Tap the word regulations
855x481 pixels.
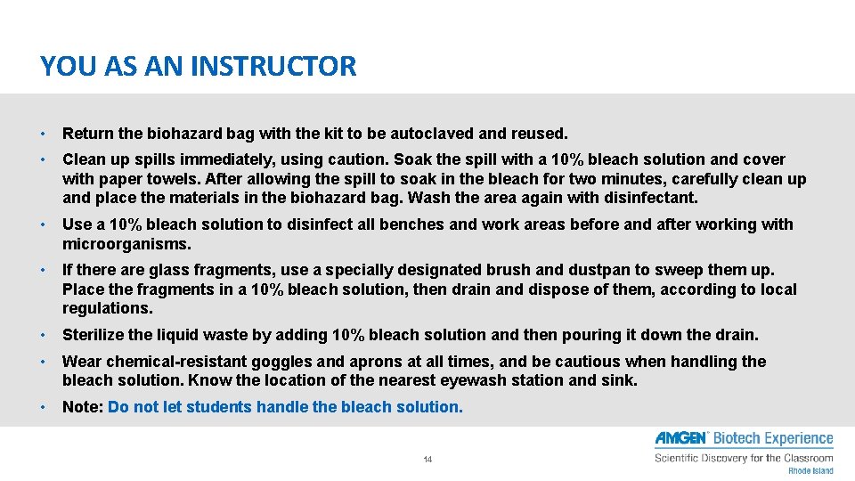point(107,308)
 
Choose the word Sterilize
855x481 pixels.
point(91,335)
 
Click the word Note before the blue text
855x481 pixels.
point(83,407)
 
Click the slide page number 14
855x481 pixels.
point(427,460)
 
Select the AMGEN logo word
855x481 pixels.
point(681,438)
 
